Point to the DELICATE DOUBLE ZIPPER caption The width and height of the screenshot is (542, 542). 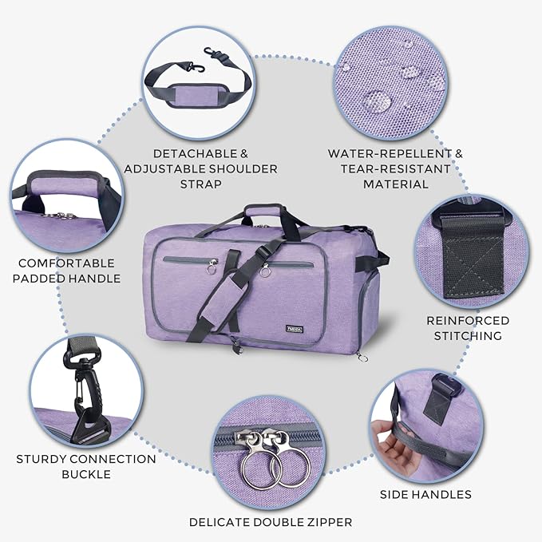pyautogui.click(x=270, y=523)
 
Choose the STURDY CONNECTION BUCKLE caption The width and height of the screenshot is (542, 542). pyautogui.click(x=85, y=467)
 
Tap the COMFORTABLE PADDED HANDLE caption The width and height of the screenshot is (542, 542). pyautogui.click(x=67, y=271)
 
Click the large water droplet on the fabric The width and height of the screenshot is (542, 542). pyautogui.click(x=376, y=101)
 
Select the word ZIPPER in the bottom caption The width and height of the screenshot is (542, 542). pyautogui.click(x=324, y=523)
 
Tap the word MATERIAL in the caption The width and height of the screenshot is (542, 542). pyautogui.click(x=396, y=184)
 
